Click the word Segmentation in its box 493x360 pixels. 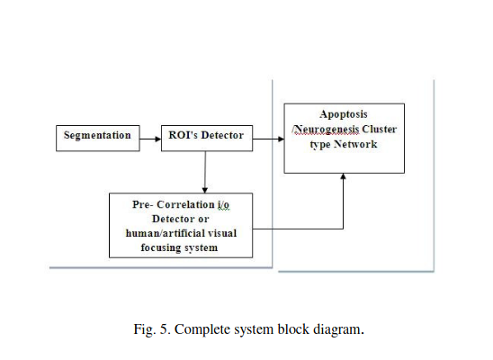point(97,136)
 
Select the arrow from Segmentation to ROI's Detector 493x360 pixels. point(150,139)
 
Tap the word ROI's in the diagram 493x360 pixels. point(183,135)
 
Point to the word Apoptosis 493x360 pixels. point(344,114)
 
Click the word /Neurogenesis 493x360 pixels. point(326,130)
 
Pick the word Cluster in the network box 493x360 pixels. point(380,129)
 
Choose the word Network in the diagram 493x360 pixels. point(355,144)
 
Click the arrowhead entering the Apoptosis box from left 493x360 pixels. point(281,139)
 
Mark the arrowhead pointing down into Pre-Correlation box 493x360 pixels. point(205,190)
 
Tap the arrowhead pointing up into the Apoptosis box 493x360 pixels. point(343,176)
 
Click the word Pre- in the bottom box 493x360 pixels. point(143,204)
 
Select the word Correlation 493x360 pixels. point(185,204)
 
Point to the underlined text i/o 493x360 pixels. point(223,204)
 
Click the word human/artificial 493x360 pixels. point(163,233)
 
